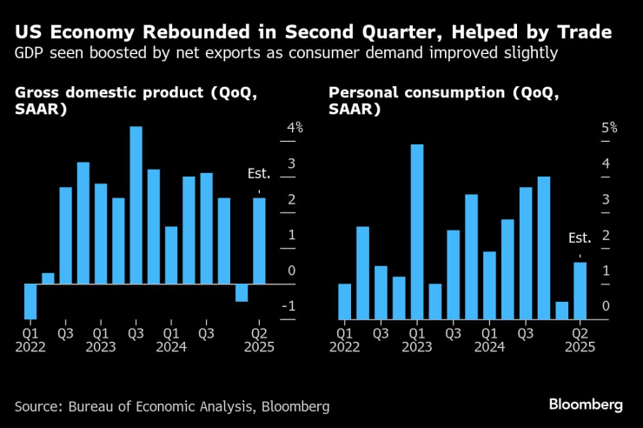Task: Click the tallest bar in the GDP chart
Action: (x=136, y=205)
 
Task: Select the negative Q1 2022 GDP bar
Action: (x=30, y=301)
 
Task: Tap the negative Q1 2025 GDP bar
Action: (x=242, y=292)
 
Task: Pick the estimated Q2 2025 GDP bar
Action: (x=259, y=241)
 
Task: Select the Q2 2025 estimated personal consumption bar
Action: (x=580, y=291)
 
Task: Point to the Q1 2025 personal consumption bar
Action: (x=561, y=311)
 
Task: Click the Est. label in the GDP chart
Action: (x=259, y=174)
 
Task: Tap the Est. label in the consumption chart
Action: (x=580, y=237)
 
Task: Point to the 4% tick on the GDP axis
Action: (x=295, y=128)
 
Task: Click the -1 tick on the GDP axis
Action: (x=292, y=306)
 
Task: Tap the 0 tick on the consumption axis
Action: (x=605, y=306)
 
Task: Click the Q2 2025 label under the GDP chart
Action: (x=259, y=339)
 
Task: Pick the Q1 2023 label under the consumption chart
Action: (x=417, y=339)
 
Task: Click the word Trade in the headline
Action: (x=578, y=33)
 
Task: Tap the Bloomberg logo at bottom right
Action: (x=586, y=405)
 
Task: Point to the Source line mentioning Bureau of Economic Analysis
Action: (x=172, y=406)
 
